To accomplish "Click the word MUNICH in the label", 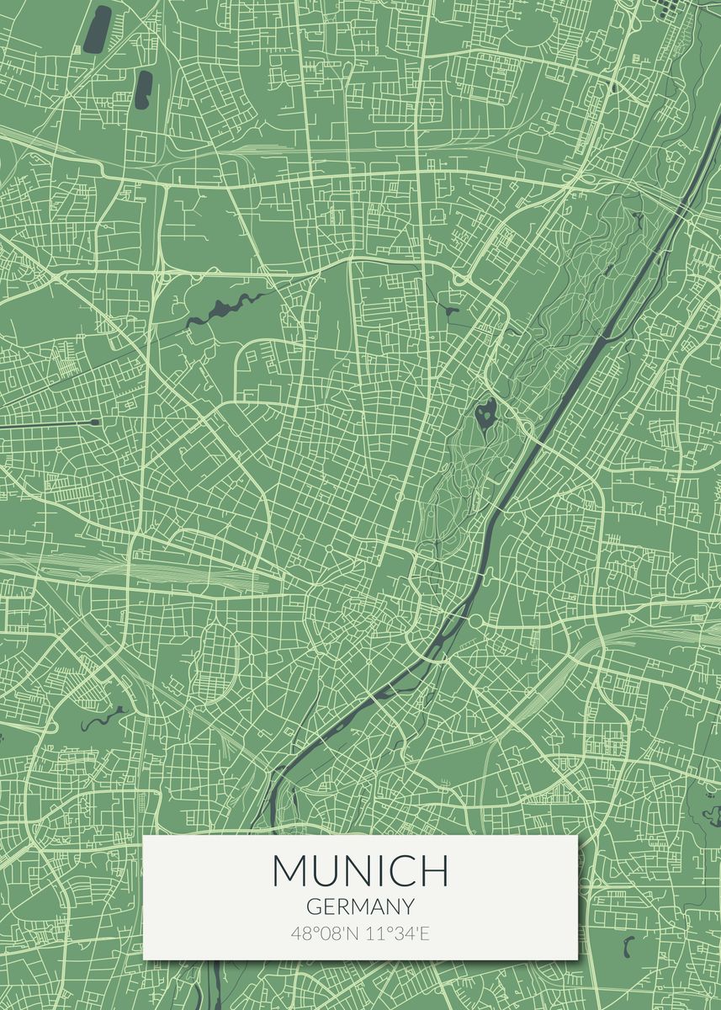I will click(x=360, y=870).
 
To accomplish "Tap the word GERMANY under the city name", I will click(x=360, y=906).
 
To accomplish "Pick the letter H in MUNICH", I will click(x=434, y=870).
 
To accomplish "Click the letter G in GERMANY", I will click(x=313, y=906).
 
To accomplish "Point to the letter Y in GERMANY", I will click(x=408, y=906).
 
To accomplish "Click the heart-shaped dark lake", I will click(x=485, y=413).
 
